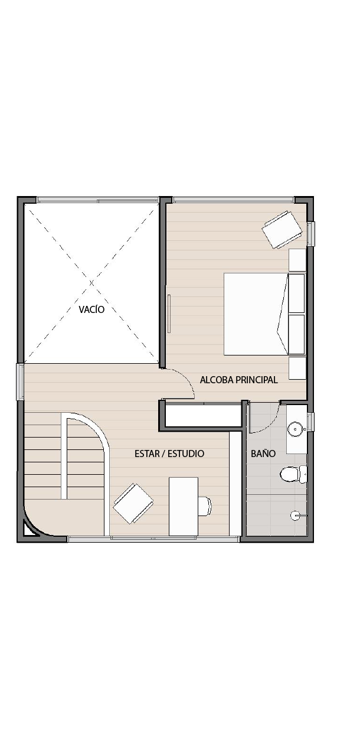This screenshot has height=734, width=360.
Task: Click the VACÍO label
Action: pyautogui.click(x=91, y=309)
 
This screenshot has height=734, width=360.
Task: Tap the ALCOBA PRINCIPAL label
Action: pyautogui.click(x=239, y=380)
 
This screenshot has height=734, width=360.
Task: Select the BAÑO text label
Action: pyautogui.click(x=263, y=454)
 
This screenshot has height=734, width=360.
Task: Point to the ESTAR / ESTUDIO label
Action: pyautogui.click(x=169, y=454)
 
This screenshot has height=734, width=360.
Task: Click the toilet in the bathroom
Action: pyautogui.click(x=293, y=474)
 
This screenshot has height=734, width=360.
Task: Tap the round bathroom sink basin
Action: pyautogui.click(x=295, y=429)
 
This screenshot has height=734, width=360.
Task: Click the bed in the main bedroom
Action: pyautogui.click(x=264, y=314)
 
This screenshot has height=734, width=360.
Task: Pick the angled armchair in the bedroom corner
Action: pyautogui.click(x=282, y=230)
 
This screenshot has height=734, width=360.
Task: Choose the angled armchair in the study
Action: pyautogui.click(x=133, y=504)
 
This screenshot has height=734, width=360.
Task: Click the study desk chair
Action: pyautogui.click(x=205, y=506)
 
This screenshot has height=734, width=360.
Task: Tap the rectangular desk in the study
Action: pyautogui.click(x=184, y=506)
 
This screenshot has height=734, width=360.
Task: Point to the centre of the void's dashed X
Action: pyautogui.click(x=91, y=282)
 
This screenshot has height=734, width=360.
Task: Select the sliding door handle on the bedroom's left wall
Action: pyautogui.click(x=169, y=314)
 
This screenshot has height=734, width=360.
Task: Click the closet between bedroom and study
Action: pyautogui.click(x=203, y=415)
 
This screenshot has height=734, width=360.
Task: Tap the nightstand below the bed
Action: pyautogui.click(x=297, y=368)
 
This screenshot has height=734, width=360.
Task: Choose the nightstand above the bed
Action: pyautogui.click(x=297, y=260)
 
